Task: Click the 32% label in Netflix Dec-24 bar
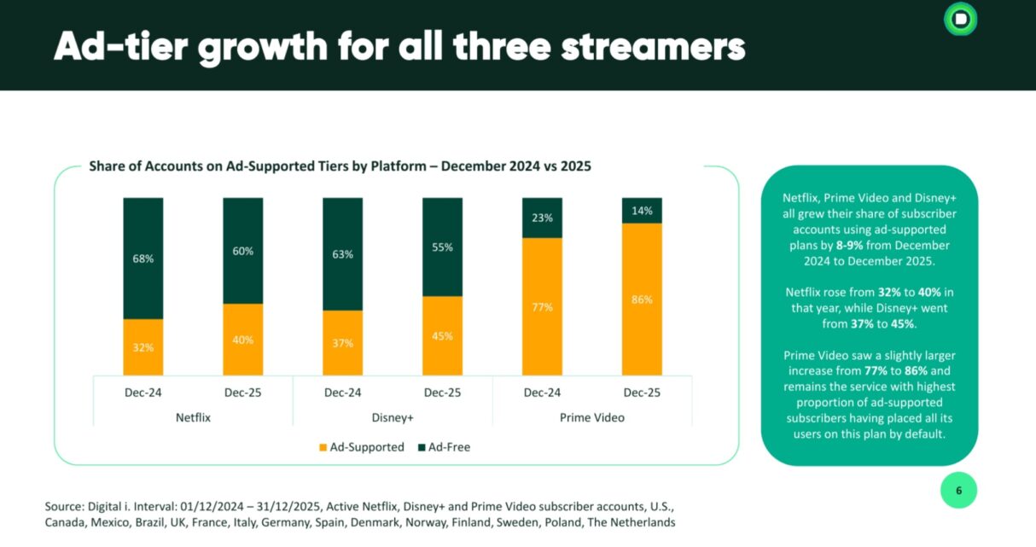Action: coord(143,347)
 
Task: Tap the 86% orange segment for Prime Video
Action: coord(642,299)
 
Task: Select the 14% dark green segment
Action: coord(642,210)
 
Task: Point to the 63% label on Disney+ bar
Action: coord(342,253)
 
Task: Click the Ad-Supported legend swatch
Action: coord(323,447)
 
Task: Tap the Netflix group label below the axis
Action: coord(193,418)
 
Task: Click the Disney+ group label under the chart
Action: coord(393,418)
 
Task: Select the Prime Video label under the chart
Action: coord(592,418)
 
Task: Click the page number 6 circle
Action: coord(958,491)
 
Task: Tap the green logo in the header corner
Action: coord(960,19)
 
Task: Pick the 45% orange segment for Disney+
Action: coord(442,335)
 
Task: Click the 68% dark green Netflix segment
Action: coord(143,258)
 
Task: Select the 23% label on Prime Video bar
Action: coord(542,218)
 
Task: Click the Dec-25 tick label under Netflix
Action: coord(242,393)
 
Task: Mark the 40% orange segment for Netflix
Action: coord(242,340)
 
